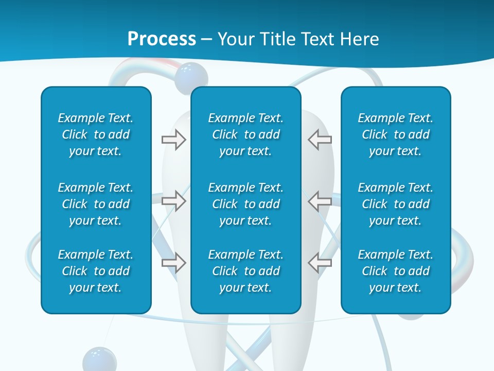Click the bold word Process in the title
point(162,39)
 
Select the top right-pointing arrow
point(173,140)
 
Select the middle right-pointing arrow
point(173,201)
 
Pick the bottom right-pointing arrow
point(173,262)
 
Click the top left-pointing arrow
point(320,140)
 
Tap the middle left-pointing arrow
point(320,201)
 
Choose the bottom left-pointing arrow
point(320,262)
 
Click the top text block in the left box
point(96,134)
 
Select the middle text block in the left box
point(96,204)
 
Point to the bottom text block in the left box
point(96,271)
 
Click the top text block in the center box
point(245,134)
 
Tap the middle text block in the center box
point(245,204)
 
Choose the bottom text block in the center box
point(245,271)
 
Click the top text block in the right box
point(395,134)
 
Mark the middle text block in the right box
point(395,204)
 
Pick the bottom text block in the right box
point(395,271)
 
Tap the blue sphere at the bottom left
point(99,359)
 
